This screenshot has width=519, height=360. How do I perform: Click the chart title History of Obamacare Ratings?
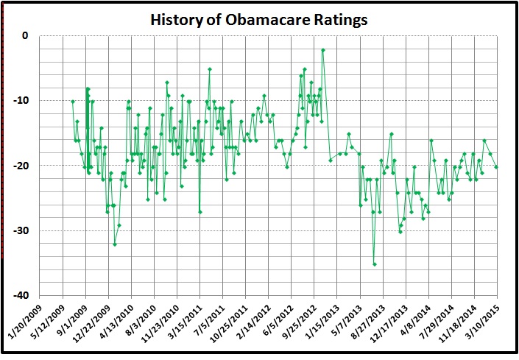[258, 19]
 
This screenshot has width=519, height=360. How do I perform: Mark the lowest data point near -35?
[374, 264]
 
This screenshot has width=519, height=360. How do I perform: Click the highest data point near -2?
[323, 50]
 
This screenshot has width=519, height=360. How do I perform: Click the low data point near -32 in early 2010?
[115, 244]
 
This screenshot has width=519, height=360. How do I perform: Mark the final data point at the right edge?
[496, 166]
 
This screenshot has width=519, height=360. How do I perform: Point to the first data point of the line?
[72, 101]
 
